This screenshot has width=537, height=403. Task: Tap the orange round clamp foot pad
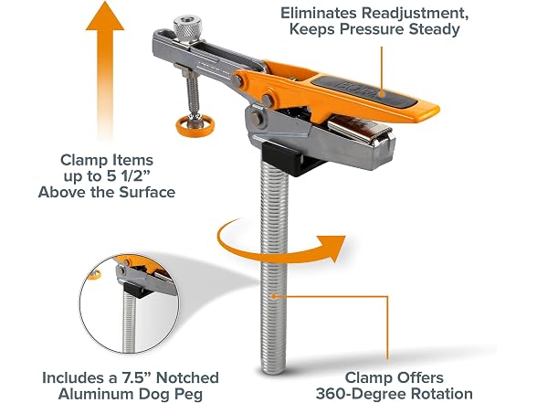(x=195, y=126)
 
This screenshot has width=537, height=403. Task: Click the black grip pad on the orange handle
(x=363, y=90)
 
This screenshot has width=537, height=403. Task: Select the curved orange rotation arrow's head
(x=331, y=248)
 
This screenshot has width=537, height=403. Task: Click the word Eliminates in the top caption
(x=320, y=13)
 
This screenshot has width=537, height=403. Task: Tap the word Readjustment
(x=416, y=14)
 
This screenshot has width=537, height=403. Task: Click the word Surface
(x=147, y=192)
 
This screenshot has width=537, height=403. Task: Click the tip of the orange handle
(x=437, y=111)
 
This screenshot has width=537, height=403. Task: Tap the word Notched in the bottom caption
(x=187, y=377)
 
